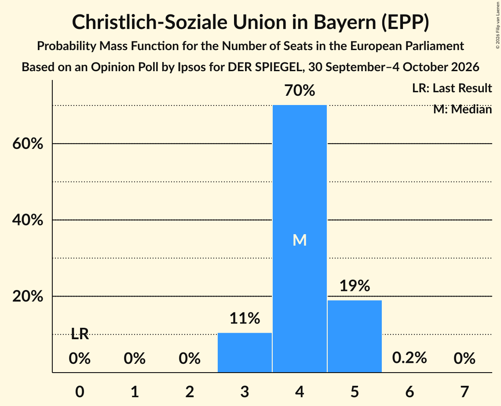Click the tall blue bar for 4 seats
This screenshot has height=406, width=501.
pyautogui.click(x=300, y=239)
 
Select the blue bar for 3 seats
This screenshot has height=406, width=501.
pyautogui.click(x=245, y=352)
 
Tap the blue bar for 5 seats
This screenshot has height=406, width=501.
pyautogui.click(x=355, y=336)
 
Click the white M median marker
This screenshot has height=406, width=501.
pyautogui.click(x=300, y=240)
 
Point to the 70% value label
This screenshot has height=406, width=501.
pyautogui.click(x=300, y=91)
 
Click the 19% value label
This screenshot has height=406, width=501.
pyautogui.click(x=355, y=286)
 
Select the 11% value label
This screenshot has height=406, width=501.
pyautogui.click(x=245, y=318)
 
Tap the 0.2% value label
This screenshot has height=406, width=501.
pyautogui.click(x=410, y=358)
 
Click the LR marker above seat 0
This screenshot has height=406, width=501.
pyautogui.click(x=80, y=334)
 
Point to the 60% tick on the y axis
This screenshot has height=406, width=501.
pyautogui.click(x=28, y=144)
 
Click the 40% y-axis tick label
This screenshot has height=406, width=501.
pyautogui.click(x=28, y=220)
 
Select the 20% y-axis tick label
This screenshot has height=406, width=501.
pyautogui.click(x=28, y=296)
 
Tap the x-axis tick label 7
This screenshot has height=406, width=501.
pyautogui.click(x=464, y=391)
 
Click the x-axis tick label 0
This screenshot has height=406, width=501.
pyautogui.click(x=80, y=391)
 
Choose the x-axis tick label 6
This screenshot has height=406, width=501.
pyautogui.click(x=410, y=391)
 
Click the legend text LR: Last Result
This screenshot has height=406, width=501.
pyautogui.click(x=452, y=88)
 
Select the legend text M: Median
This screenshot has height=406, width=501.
pyautogui.click(x=463, y=109)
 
